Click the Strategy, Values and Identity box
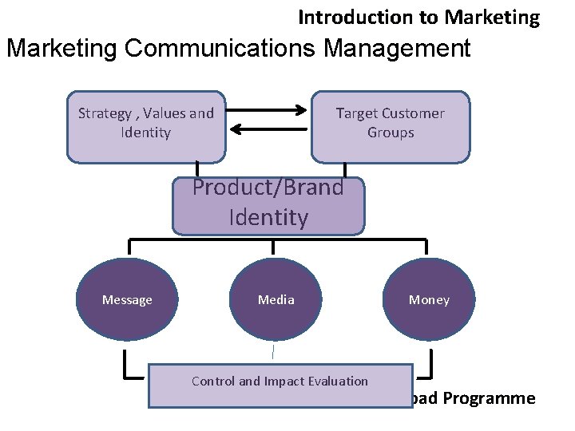pyautogui.click(x=146, y=126)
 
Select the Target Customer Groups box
pyautogui.click(x=391, y=126)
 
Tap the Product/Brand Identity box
pyautogui.click(x=268, y=204)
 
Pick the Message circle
pyautogui.click(x=127, y=300)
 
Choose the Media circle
pyautogui.click(x=276, y=300)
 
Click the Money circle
pyautogui.click(x=429, y=300)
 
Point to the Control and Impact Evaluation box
pyautogui.click(x=280, y=385)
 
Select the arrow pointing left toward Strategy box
pyautogui.click(x=272, y=129)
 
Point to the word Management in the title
pyautogui.click(x=397, y=49)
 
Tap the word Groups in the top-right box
pyautogui.click(x=391, y=132)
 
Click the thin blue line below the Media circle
pyautogui.click(x=272, y=351)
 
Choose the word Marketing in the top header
pyautogui.click(x=493, y=17)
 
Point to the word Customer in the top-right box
pyautogui.click(x=414, y=113)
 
